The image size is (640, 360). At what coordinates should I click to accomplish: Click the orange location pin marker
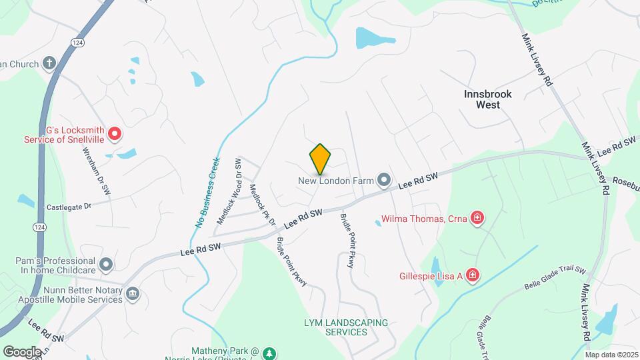(320, 159)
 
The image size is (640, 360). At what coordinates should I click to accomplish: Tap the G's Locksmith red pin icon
(115, 134)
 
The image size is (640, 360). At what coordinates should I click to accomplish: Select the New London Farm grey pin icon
(383, 180)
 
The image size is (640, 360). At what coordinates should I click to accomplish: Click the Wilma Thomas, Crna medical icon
(477, 218)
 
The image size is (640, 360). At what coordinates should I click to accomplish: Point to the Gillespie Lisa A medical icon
(473, 275)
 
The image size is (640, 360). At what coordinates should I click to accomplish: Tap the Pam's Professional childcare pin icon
(106, 265)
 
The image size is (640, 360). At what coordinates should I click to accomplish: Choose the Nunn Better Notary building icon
(132, 293)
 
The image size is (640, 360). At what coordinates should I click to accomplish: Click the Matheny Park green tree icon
(269, 352)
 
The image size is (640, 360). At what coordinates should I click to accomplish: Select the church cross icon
(49, 64)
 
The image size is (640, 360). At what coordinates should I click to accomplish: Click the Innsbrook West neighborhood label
(488, 99)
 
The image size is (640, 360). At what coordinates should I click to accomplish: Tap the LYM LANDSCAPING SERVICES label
(345, 327)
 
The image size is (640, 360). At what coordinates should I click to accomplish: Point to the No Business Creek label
(207, 193)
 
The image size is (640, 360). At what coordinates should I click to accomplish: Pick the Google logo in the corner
(22, 351)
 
